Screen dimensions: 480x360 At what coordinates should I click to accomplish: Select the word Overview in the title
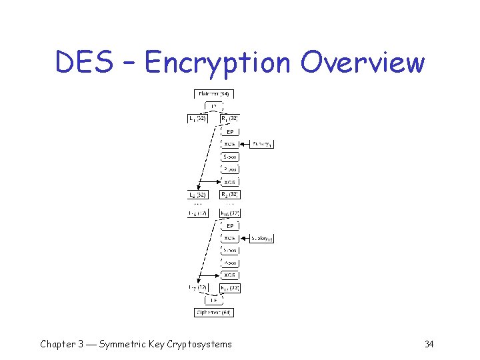pyautogui.click(x=362, y=63)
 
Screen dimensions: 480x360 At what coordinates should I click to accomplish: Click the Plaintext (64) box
pyautogui.click(x=213, y=94)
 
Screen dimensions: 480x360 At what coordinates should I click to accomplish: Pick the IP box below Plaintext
pyautogui.click(x=213, y=107)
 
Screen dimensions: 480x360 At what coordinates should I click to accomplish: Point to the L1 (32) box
pyautogui.click(x=197, y=119)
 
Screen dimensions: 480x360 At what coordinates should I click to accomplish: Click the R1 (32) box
pyautogui.click(x=229, y=119)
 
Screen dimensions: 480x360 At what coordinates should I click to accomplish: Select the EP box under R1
pyautogui.click(x=229, y=131)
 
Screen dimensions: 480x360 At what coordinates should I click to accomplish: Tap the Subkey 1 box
pyautogui.click(x=262, y=144)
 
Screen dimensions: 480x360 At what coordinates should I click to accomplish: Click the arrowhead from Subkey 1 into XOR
pyautogui.click(x=242, y=144)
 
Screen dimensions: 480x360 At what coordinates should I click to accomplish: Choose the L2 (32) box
pyautogui.click(x=197, y=195)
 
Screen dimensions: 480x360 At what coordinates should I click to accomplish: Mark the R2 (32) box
pyautogui.click(x=229, y=195)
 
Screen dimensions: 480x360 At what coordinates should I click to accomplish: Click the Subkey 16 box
pyautogui.click(x=262, y=238)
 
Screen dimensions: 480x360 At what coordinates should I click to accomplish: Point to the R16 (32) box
pyautogui.click(x=229, y=213)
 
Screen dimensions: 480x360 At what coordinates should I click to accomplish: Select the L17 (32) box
pyautogui.click(x=197, y=288)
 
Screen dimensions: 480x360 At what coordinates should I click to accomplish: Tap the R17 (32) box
pyautogui.click(x=229, y=288)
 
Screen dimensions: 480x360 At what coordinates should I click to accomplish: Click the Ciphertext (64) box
pyautogui.click(x=213, y=312)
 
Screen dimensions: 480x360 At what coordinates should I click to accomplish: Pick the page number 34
pyautogui.click(x=429, y=344)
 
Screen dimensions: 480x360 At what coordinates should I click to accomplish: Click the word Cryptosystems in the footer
pyautogui.click(x=199, y=344)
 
